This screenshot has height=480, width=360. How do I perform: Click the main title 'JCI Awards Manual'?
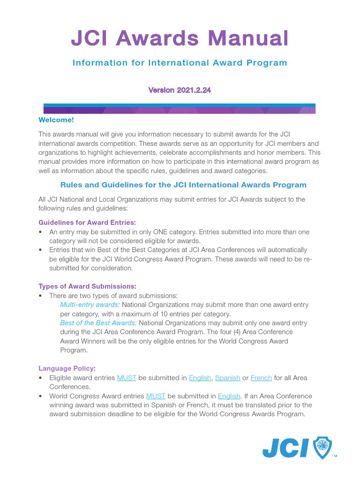point(180,38)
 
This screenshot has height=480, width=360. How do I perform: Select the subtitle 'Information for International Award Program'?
point(180,63)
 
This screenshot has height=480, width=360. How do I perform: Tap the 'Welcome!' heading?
point(56,120)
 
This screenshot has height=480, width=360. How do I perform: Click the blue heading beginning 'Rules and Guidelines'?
point(183,185)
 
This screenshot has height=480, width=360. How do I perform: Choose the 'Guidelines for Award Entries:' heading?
point(87,223)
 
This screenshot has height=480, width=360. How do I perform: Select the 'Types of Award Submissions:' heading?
point(87,286)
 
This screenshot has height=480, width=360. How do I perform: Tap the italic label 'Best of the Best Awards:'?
point(98,323)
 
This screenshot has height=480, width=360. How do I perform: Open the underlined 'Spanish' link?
point(227,378)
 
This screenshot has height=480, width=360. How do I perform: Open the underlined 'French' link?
point(261,378)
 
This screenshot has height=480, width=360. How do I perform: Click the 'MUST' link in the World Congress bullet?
point(156,396)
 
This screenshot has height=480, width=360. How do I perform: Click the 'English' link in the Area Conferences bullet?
point(200,378)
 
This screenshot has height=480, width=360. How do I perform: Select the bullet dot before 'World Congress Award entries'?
point(41,396)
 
